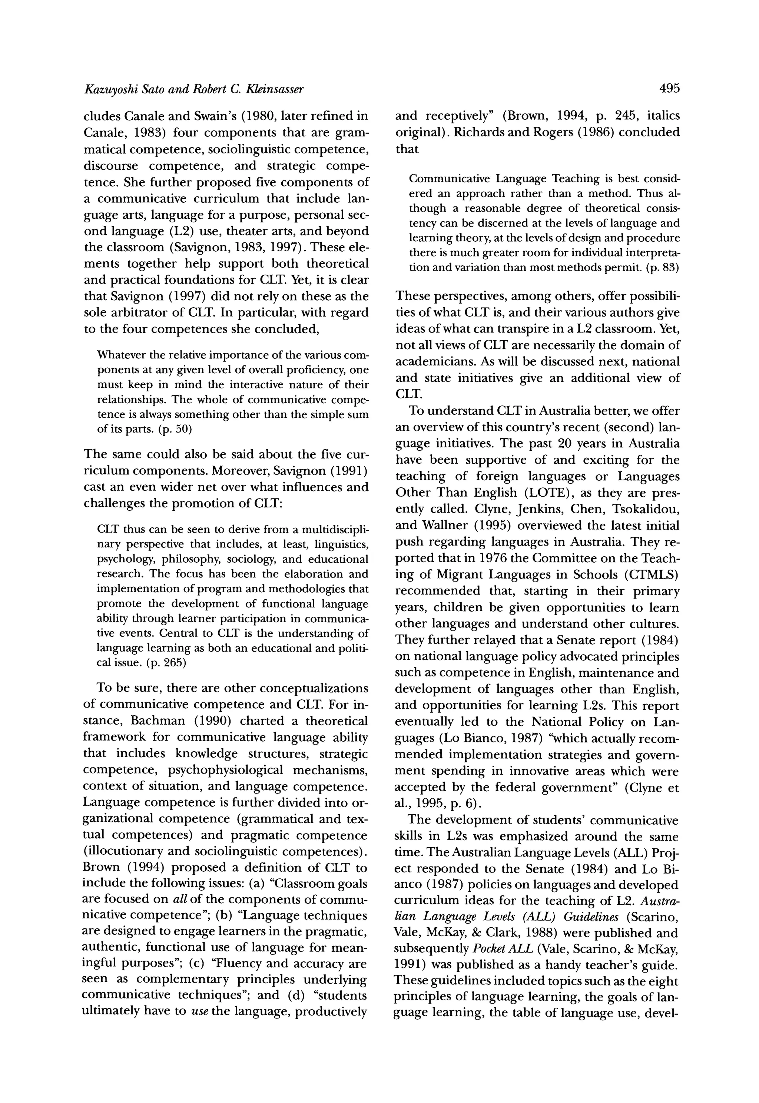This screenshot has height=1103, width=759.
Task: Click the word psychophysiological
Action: coord(225,770)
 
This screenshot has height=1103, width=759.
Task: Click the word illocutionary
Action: coord(127,851)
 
